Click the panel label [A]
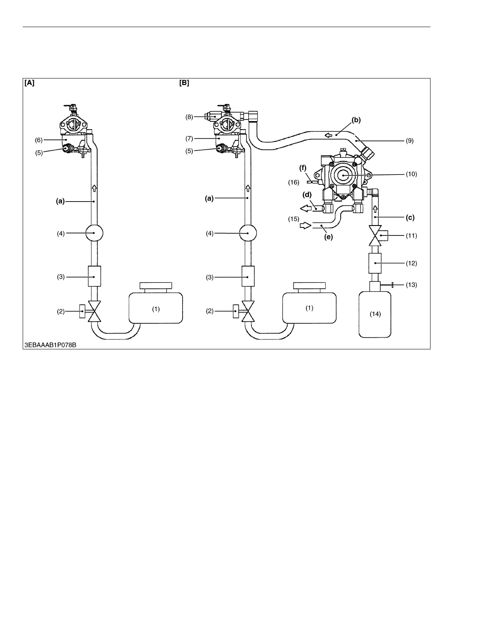[x=29, y=83]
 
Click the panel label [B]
[x=184, y=83]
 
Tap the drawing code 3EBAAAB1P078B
[x=50, y=345]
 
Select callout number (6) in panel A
[x=39, y=140]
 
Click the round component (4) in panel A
[x=94, y=233]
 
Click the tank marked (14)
[x=375, y=314]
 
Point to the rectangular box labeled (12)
[x=375, y=263]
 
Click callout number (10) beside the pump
[x=411, y=174]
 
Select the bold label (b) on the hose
[x=356, y=120]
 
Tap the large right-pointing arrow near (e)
[x=305, y=225]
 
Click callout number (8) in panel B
[x=189, y=117]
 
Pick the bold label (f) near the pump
[x=303, y=168]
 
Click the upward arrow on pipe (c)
[x=375, y=208]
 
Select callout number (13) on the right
[x=411, y=285]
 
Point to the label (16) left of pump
[x=294, y=182]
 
